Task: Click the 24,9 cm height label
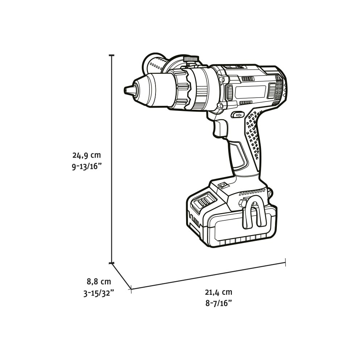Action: coord(86,155)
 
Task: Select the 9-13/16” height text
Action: coord(86,167)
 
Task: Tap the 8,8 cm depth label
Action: coord(99,281)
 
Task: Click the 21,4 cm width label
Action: coord(219,292)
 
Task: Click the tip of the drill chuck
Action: coord(125,90)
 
